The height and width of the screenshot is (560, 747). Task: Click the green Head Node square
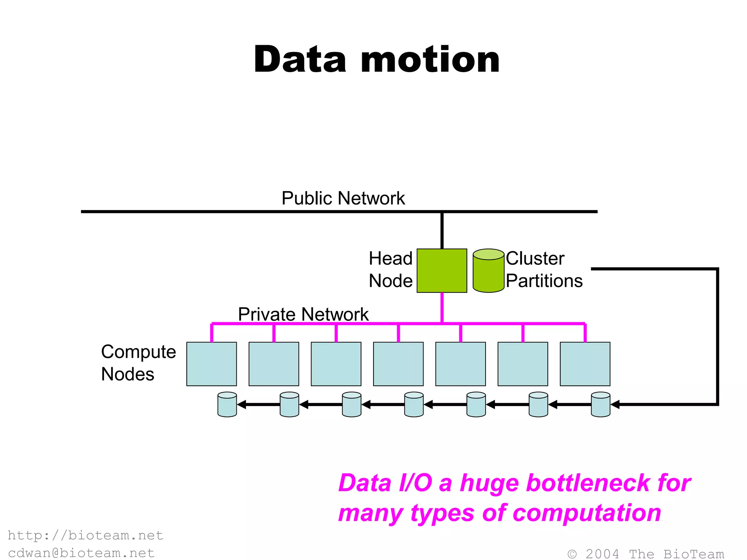(x=442, y=271)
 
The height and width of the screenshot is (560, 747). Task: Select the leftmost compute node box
(x=212, y=364)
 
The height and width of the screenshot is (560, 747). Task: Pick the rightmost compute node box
(x=585, y=364)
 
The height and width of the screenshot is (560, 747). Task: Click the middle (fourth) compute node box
(x=398, y=364)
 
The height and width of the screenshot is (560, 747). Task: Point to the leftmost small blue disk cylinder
(x=227, y=405)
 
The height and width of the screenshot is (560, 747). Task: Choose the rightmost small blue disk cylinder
(x=600, y=405)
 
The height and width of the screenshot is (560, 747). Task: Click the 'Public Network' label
(x=343, y=198)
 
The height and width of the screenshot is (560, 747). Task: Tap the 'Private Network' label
(x=303, y=314)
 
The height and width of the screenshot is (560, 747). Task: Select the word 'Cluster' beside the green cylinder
(x=535, y=258)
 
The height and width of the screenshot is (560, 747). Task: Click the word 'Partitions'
(x=544, y=281)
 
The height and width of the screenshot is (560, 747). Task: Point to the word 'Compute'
(x=139, y=352)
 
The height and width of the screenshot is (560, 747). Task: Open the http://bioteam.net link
(x=85, y=535)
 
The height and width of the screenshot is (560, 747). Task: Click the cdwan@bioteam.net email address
(x=81, y=553)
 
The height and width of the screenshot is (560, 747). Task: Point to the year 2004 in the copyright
(x=602, y=554)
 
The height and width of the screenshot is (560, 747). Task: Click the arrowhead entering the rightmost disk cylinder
(x=615, y=405)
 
